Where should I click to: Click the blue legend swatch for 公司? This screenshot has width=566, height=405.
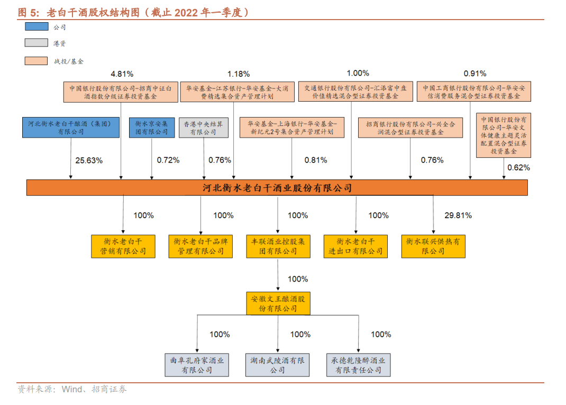(x=36, y=26)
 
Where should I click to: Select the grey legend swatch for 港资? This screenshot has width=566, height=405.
(x=36, y=43)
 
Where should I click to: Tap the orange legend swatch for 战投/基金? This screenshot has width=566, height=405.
(x=36, y=61)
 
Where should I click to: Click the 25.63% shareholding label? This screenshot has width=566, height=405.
(x=88, y=160)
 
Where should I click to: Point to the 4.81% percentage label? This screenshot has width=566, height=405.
(x=122, y=73)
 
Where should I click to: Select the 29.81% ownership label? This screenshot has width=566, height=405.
(x=458, y=215)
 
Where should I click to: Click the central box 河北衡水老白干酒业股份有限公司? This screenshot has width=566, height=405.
(x=277, y=188)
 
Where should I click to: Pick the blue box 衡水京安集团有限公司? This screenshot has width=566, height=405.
(x=152, y=128)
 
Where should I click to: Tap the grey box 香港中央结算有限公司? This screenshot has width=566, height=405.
(x=203, y=128)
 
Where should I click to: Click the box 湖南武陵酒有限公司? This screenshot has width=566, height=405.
(x=277, y=365)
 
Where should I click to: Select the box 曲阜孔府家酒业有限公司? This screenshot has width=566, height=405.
(x=197, y=365)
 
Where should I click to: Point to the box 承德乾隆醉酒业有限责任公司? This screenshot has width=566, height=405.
(x=358, y=365)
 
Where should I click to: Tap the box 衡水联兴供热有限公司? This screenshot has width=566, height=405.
(x=433, y=246)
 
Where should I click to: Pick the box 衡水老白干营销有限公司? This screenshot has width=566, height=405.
(x=123, y=246)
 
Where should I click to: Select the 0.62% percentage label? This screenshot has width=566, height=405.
(x=518, y=168)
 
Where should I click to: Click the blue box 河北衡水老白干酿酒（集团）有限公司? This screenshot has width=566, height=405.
(x=71, y=128)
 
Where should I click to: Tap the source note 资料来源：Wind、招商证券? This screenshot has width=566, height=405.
(x=72, y=390)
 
